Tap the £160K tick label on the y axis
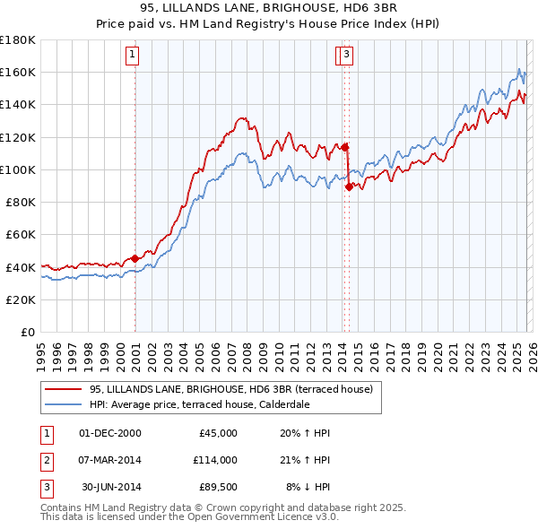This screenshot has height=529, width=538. click(18, 72)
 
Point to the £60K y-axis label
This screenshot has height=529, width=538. click(21, 234)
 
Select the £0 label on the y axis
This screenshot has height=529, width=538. click(28, 332)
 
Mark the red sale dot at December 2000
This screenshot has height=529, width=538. click(135, 258)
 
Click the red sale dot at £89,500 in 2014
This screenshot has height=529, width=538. click(349, 186)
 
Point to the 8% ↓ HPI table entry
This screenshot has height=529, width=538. click(308, 487)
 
